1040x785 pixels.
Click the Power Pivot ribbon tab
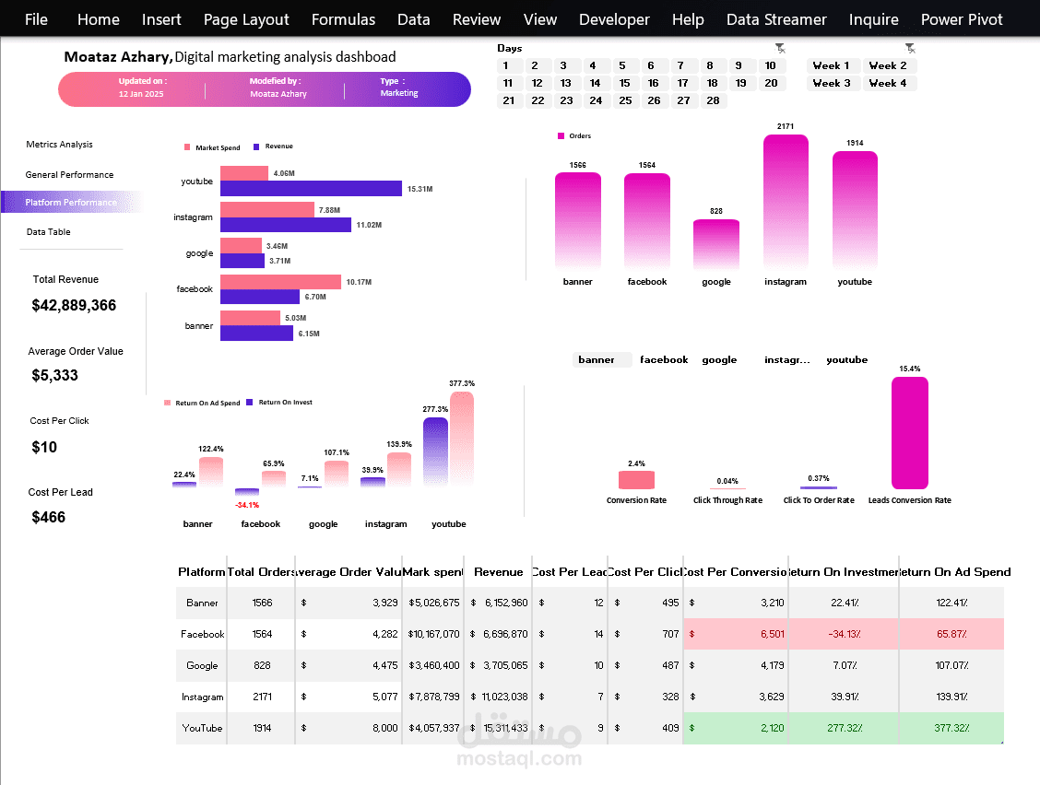pos(961,19)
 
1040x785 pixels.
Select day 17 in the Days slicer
pos(682,83)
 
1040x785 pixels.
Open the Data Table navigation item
pos(48,232)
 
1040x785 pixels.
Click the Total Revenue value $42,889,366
pos(74,305)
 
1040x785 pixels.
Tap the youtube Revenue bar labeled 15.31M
pos(311,188)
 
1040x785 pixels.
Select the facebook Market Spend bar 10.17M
pos(280,282)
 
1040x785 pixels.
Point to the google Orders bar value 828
pos(716,211)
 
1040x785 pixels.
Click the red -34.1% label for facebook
pos(247,505)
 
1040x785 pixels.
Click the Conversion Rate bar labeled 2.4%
pos(636,480)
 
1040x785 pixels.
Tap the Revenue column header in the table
pos(498,572)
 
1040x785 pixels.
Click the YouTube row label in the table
pos(202,728)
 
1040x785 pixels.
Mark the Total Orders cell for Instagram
pos(261,697)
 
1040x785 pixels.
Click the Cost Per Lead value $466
pos(49,517)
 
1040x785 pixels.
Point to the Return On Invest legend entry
pos(285,403)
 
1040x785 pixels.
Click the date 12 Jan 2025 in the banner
pos(141,94)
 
